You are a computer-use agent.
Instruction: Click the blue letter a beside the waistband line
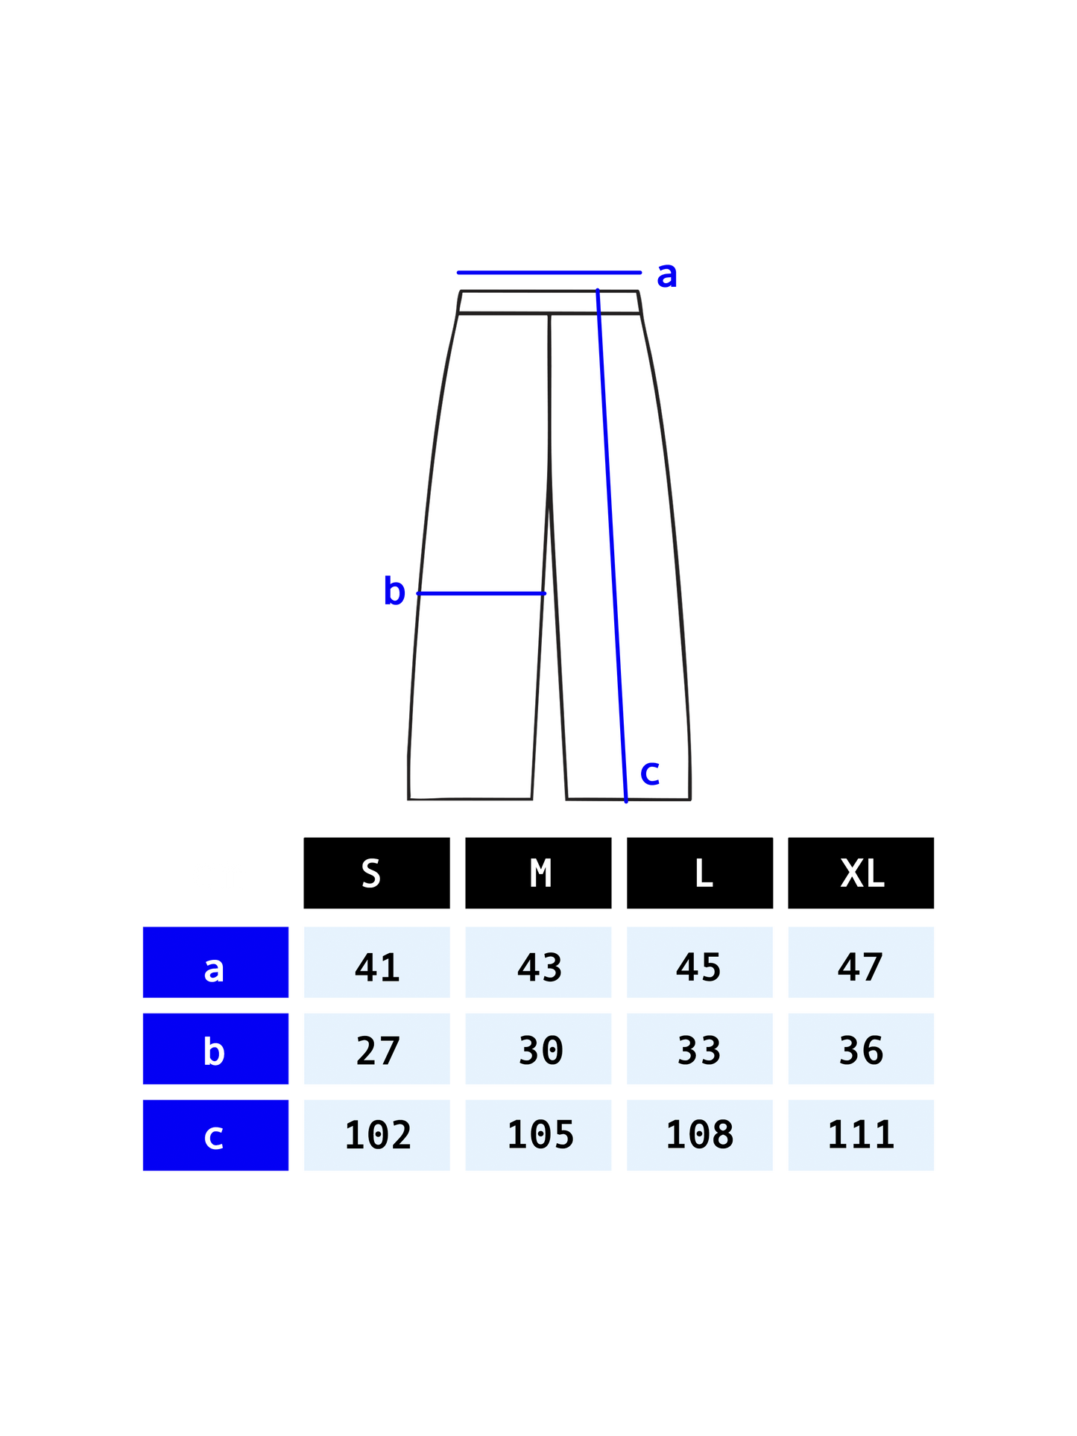(x=667, y=276)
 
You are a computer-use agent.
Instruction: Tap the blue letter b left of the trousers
(x=394, y=591)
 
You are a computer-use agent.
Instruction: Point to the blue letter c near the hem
(x=650, y=773)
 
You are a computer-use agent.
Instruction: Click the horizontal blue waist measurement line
(x=549, y=273)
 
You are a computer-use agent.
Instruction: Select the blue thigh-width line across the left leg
(x=481, y=593)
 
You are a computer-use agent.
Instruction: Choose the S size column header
(x=371, y=873)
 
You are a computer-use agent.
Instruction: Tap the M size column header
(x=540, y=873)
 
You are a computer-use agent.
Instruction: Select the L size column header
(x=704, y=873)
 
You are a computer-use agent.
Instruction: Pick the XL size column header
(x=862, y=873)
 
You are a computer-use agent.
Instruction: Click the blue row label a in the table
(x=215, y=962)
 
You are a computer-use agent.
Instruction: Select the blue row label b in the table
(x=215, y=1048)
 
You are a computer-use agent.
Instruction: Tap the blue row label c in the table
(x=215, y=1135)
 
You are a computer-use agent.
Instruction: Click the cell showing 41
(x=376, y=962)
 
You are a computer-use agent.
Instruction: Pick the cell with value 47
(x=861, y=962)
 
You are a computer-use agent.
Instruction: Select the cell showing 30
(x=538, y=1048)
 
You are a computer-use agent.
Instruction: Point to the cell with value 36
(x=861, y=1048)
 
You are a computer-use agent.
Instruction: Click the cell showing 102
(x=376, y=1135)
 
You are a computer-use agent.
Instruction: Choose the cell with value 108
(x=700, y=1135)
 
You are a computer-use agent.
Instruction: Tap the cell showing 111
(x=861, y=1135)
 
